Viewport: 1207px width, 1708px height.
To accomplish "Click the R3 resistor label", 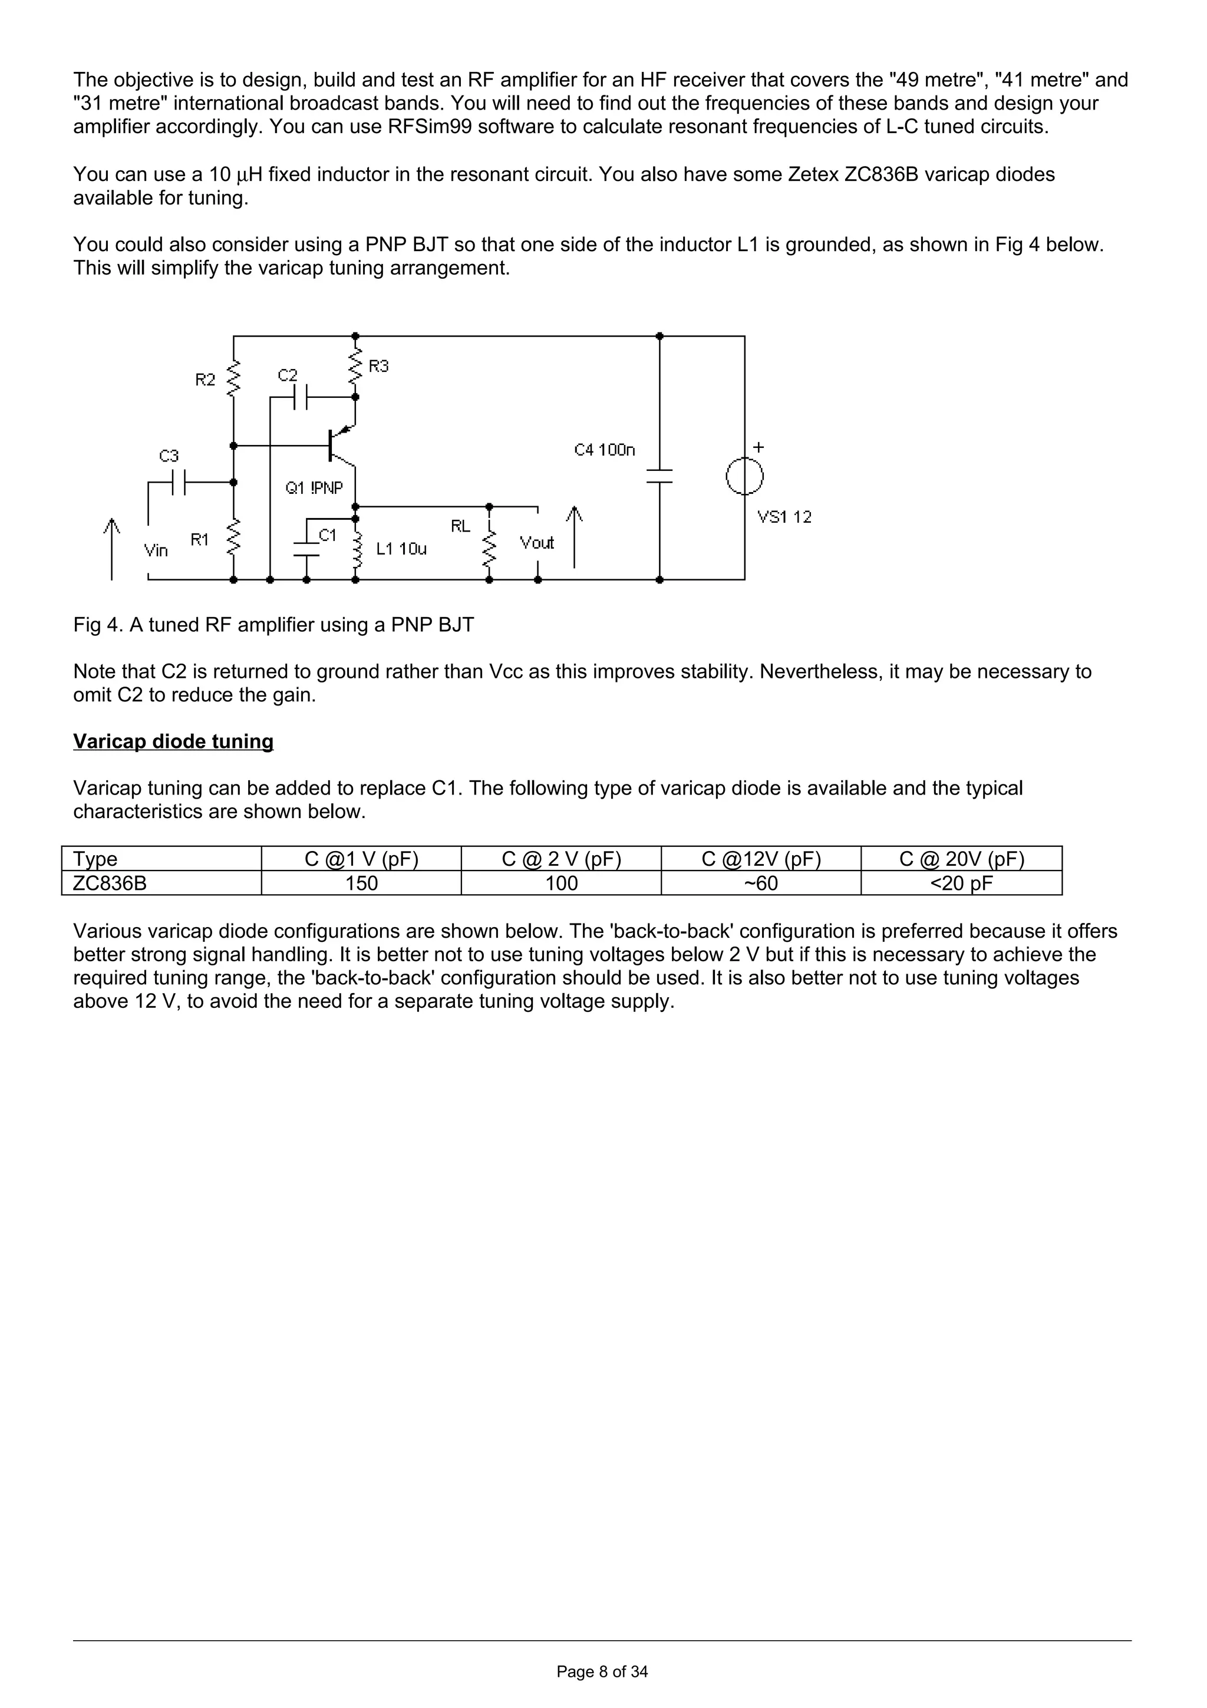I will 378,366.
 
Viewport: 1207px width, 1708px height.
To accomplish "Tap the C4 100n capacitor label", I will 605,450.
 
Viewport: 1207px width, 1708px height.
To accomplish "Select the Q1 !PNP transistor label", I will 315,488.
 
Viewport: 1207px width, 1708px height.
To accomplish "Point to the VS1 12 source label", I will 784,517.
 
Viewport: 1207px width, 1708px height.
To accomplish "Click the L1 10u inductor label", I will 401,549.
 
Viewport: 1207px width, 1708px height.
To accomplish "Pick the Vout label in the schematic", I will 537,543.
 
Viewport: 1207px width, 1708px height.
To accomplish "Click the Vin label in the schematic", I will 156,550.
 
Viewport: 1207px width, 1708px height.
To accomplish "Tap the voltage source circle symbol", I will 744,476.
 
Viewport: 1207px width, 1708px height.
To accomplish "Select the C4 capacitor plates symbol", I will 659,476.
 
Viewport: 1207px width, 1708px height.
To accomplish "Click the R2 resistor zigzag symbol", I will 233,378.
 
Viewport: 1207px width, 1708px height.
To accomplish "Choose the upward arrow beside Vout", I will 574,537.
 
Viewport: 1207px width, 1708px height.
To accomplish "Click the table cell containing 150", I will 361,883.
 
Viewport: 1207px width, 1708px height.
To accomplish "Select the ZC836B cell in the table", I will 110,883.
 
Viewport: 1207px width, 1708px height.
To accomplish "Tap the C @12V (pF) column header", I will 761,859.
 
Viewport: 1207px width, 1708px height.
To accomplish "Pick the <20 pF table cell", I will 962,883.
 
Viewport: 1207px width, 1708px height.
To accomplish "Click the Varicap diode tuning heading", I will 173,741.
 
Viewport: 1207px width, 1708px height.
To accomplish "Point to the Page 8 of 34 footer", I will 602,1671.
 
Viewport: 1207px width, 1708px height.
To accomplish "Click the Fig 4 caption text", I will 273,625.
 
